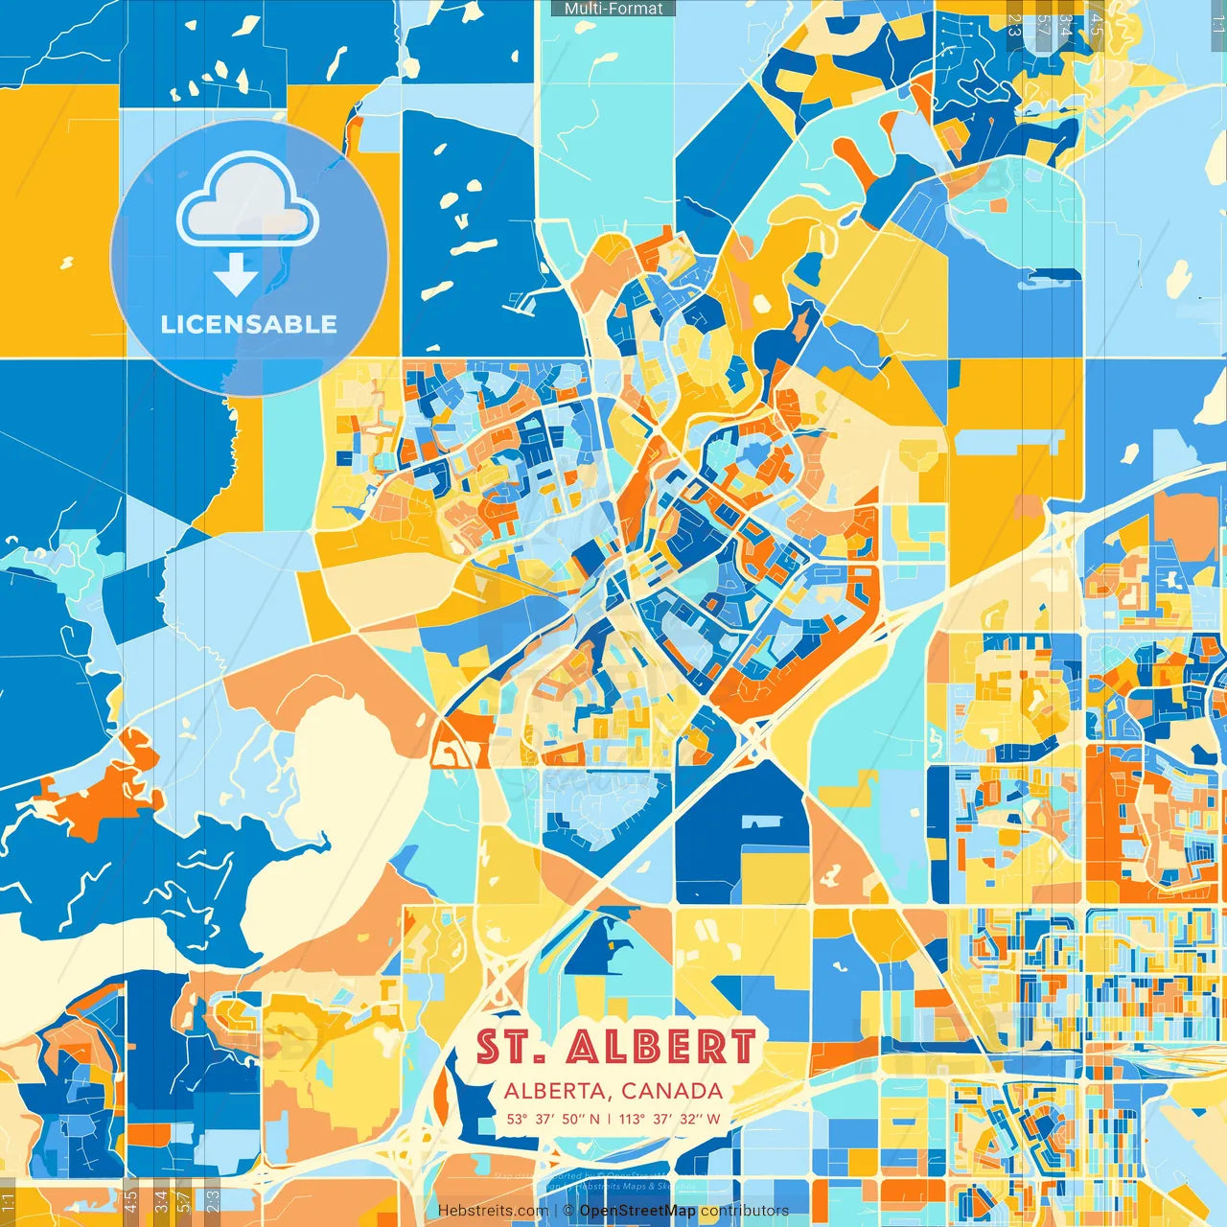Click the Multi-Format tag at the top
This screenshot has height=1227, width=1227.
tap(613, 9)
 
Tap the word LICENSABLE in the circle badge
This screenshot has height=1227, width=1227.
tap(249, 324)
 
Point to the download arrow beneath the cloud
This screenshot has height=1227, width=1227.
tap(235, 276)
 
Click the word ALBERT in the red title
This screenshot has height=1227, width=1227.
tap(660, 1047)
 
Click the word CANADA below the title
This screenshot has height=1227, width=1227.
tap(672, 1091)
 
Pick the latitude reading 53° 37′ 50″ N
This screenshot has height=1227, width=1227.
tap(553, 1119)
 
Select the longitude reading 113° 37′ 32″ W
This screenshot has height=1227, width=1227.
tap(669, 1119)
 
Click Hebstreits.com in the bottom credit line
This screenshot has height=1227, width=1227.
tap(494, 1211)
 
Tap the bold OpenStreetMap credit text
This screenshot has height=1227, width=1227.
tap(637, 1211)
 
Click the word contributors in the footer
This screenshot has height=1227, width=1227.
tap(745, 1211)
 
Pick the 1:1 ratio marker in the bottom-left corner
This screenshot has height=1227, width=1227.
tap(9, 1200)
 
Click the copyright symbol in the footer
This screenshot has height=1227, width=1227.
tap(568, 1211)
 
